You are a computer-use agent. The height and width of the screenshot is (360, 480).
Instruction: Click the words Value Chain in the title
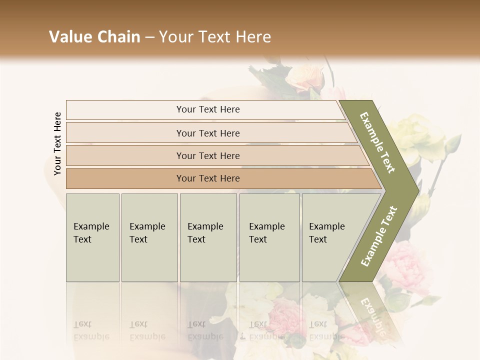click(94, 37)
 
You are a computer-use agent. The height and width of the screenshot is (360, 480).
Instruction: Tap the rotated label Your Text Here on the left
click(57, 143)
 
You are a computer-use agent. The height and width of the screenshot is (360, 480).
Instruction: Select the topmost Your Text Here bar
click(207, 109)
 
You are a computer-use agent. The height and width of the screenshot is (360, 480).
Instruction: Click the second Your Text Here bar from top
click(207, 133)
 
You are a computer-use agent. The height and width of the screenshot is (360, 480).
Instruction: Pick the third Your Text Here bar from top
click(207, 155)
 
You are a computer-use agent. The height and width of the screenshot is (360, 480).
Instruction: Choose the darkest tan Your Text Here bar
click(207, 178)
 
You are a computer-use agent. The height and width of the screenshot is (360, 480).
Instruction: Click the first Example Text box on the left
click(92, 237)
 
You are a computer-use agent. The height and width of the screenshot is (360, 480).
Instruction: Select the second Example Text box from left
click(149, 237)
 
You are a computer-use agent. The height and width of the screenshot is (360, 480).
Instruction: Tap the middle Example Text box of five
click(208, 237)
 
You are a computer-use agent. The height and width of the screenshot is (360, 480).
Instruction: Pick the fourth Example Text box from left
click(269, 237)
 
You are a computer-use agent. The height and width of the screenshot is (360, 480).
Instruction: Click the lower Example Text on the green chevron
click(379, 236)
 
